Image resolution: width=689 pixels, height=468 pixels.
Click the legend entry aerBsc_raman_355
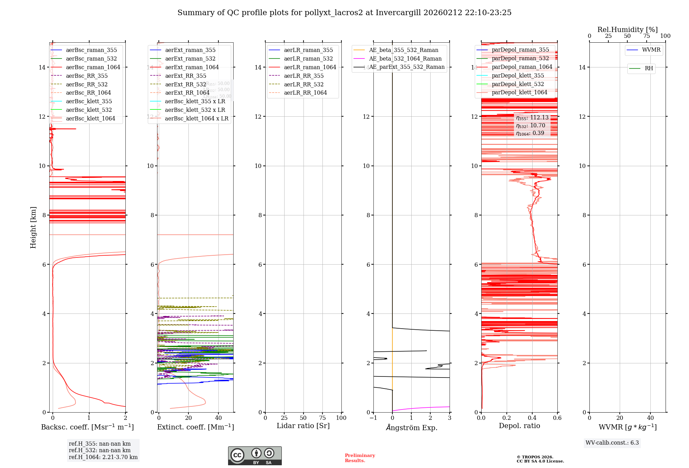click(x=91, y=50)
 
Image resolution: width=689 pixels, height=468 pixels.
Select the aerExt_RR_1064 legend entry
click(x=187, y=93)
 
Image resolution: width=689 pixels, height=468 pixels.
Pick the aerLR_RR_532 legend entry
click(x=304, y=84)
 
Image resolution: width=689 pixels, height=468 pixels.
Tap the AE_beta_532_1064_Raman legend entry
click(x=405, y=58)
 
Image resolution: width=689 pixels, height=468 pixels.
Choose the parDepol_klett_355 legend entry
click(x=518, y=76)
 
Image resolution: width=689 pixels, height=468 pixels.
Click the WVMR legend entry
click(x=651, y=50)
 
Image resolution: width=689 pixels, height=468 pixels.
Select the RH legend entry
click(x=649, y=68)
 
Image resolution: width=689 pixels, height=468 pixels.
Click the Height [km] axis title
click(x=33, y=227)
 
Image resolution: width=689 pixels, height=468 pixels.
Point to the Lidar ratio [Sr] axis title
click(x=303, y=426)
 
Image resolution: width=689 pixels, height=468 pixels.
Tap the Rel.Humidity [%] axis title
click(x=627, y=30)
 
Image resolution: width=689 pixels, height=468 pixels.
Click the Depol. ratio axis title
click(x=519, y=426)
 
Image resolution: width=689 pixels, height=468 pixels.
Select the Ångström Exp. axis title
click(x=412, y=428)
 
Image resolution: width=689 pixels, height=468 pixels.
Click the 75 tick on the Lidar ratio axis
click(x=322, y=418)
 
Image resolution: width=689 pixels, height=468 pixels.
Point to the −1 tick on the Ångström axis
click(x=373, y=418)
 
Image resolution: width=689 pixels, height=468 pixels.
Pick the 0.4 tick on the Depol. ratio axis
click(x=532, y=418)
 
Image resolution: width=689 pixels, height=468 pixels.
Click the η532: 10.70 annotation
click(x=531, y=126)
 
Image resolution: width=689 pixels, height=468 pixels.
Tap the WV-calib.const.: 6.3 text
click(x=612, y=443)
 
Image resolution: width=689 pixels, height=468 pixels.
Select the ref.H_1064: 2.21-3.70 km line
click(x=103, y=457)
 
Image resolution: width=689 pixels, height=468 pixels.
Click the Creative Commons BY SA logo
click(x=255, y=456)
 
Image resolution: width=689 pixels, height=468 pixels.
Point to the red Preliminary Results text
click(x=360, y=458)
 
